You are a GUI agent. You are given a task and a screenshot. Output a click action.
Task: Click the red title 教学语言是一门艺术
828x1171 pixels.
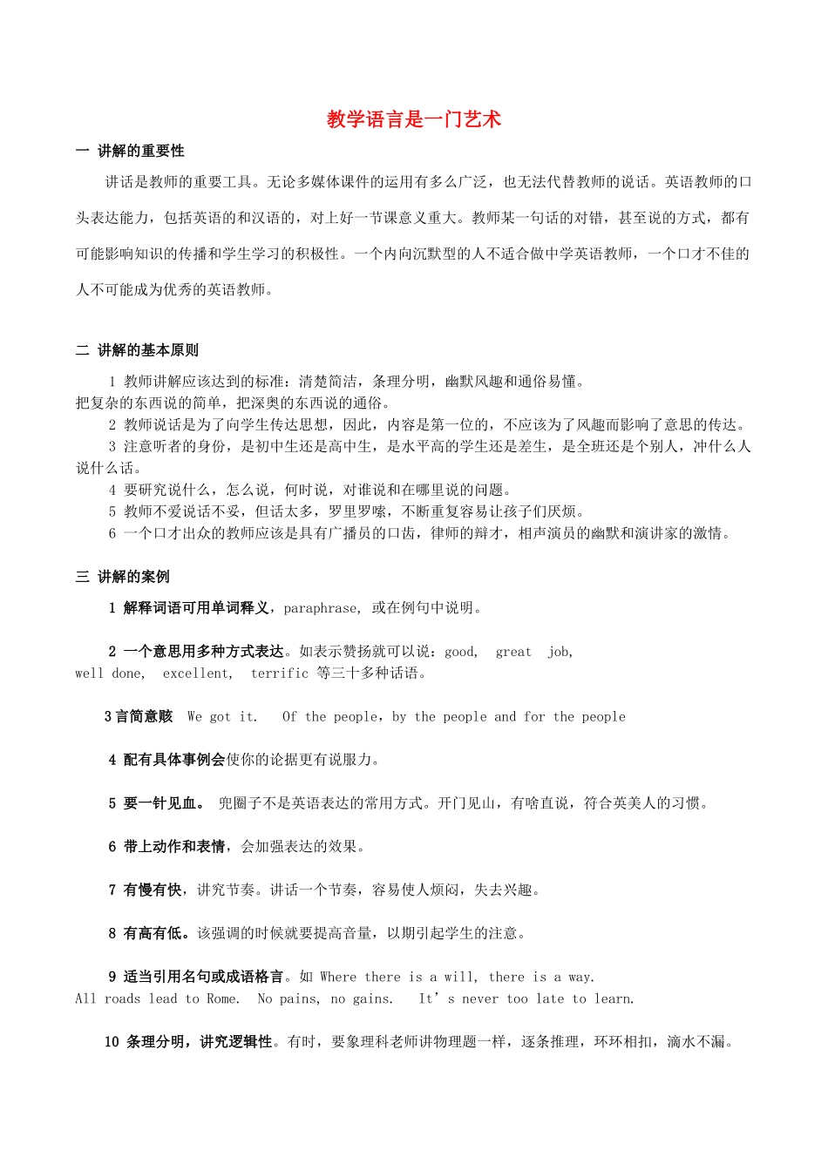click(x=413, y=119)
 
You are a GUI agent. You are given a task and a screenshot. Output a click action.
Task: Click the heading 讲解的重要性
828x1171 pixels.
click(x=140, y=151)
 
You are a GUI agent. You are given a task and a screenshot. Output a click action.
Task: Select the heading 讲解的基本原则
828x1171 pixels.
click(x=147, y=350)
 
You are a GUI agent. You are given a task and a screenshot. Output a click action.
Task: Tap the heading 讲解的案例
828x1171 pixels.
click(x=133, y=577)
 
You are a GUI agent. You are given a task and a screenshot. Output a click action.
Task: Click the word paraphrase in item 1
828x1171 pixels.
click(x=321, y=608)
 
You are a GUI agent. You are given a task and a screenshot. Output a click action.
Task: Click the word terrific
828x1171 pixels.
click(x=280, y=673)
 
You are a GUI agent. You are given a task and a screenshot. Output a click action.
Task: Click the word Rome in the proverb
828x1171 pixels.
click(x=222, y=999)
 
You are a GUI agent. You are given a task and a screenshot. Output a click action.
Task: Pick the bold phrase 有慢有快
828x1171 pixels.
click(x=153, y=890)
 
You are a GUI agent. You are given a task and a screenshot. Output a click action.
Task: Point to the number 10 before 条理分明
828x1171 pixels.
click(x=112, y=1042)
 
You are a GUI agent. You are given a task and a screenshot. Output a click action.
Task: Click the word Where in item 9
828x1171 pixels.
click(x=338, y=978)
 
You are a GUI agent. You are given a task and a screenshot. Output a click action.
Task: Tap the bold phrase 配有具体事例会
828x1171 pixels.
click(x=174, y=760)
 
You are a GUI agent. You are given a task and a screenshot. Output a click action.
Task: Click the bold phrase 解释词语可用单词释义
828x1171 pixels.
click(x=196, y=608)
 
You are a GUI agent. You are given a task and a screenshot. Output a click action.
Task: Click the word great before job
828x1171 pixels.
click(x=513, y=652)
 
